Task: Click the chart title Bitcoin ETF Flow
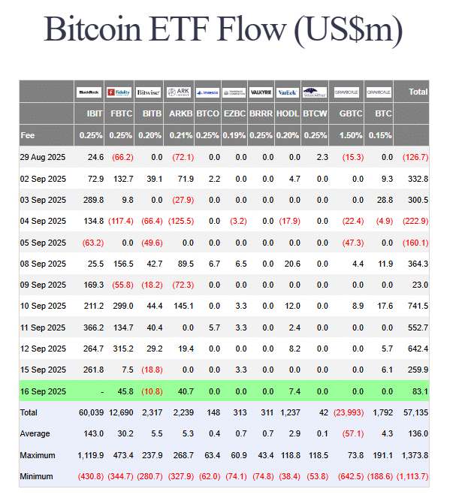pos(223,30)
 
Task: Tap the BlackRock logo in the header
pos(89,92)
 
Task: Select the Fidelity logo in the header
pos(119,92)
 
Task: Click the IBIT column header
pos(94,114)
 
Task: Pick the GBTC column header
pos(352,114)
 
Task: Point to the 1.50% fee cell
pos(352,135)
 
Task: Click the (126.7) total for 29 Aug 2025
pos(415,157)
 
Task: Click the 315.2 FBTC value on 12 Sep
pos(122,349)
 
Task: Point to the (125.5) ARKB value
pos(180,221)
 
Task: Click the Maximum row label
pos(38,455)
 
